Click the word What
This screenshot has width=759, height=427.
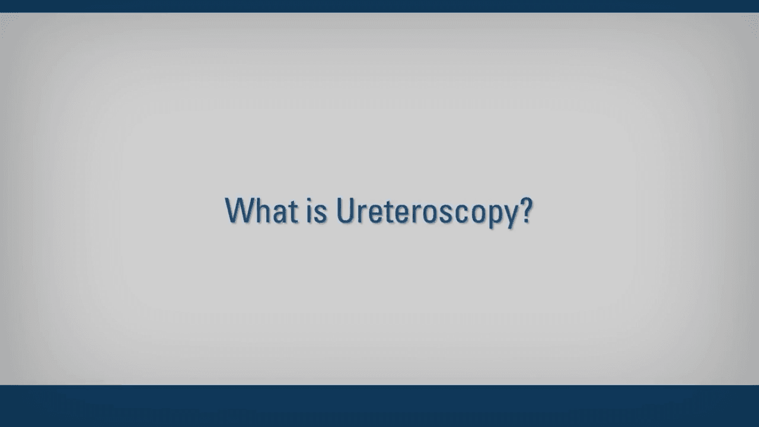point(262,211)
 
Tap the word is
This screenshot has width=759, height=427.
point(317,211)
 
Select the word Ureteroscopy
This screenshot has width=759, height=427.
point(428,213)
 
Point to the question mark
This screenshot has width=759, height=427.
point(527,210)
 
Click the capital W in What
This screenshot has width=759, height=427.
point(240,211)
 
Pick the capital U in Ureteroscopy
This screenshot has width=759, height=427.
point(345,211)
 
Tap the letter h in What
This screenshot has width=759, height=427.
point(263,211)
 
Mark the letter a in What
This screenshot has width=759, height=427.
point(279,214)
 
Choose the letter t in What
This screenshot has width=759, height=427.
point(294,212)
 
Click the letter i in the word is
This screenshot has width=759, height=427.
point(309,211)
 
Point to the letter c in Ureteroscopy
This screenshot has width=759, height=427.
point(462,214)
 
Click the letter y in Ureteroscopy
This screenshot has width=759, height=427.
point(512,217)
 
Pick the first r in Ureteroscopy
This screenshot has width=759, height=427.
point(362,214)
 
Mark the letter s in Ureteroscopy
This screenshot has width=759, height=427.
point(447,214)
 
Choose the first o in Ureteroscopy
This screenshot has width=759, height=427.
point(430,214)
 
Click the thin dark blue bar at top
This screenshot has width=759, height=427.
point(379,6)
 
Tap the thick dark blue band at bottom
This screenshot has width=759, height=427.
point(379,406)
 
